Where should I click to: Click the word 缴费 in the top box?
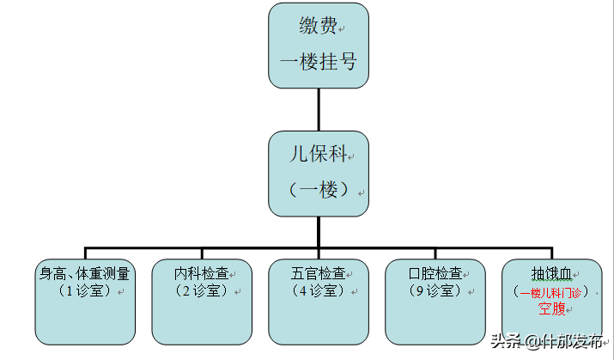pyautogui.click(x=317, y=27)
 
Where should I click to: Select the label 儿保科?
pyautogui.click(x=317, y=155)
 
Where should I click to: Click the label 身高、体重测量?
pyautogui.click(x=84, y=274)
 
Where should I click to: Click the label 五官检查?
pyautogui.click(x=318, y=274)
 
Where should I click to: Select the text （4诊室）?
pyautogui.click(x=318, y=291)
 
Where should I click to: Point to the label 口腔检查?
pyautogui.click(x=435, y=274)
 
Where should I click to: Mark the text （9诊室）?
pyautogui.click(x=435, y=291)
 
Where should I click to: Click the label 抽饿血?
pyautogui.click(x=551, y=274)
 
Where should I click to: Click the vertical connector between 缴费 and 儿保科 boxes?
pyautogui.click(x=319, y=109)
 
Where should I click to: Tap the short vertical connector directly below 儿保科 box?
pyautogui.click(x=319, y=227)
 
